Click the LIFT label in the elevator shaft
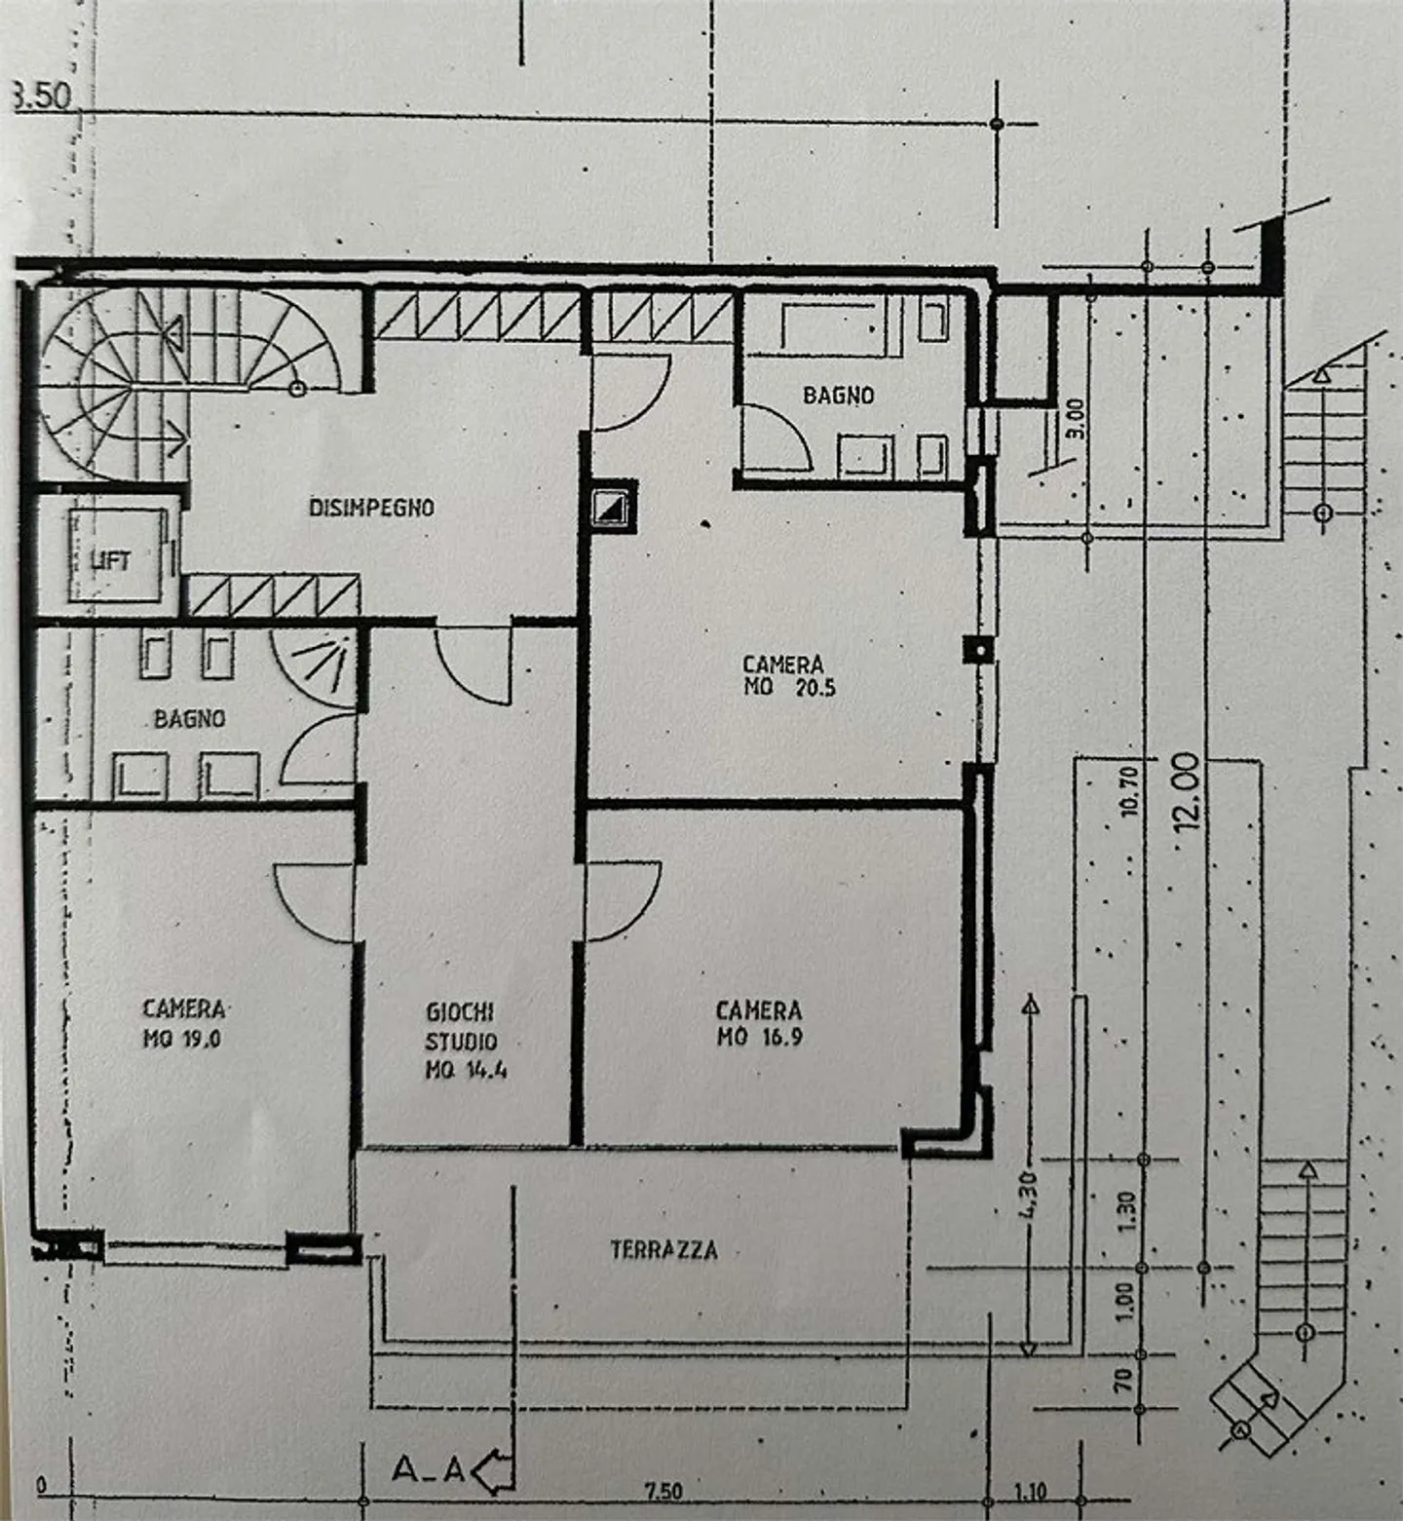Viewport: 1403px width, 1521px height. pyautogui.click(x=110, y=561)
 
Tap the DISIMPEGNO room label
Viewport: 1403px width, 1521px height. pyautogui.click(x=371, y=508)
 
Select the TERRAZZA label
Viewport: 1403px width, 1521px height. pyautogui.click(x=664, y=1250)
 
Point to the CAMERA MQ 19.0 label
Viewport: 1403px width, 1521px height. pyautogui.click(x=183, y=1023)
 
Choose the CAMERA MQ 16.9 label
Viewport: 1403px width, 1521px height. pyautogui.click(x=759, y=1023)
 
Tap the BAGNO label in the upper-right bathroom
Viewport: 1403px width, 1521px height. pyautogui.click(x=838, y=396)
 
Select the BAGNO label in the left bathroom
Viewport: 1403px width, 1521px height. pyautogui.click(x=189, y=719)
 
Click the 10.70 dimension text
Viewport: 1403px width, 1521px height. pyautogui.click(x=1129, y=791)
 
